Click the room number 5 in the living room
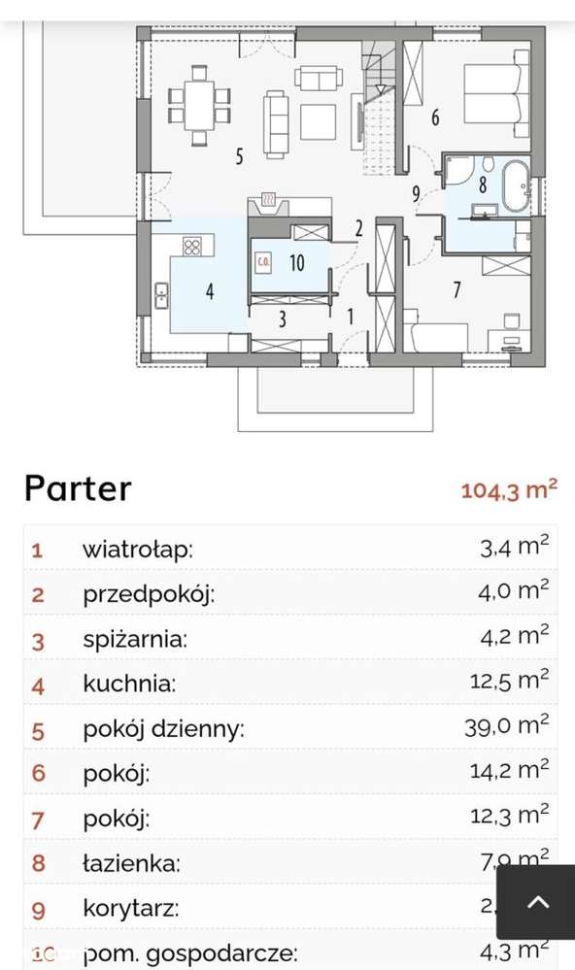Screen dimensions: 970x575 click(238, 154)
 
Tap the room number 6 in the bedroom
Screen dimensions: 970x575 click(434, 118)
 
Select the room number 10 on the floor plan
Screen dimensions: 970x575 click(296, 261)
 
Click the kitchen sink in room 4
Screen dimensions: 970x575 click(160, 293)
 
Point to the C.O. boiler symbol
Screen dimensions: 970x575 click(263, 261)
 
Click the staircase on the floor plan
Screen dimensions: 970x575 click(377, 97)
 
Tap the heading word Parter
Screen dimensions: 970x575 click(78, 487)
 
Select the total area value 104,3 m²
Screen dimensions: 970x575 click(509, 488)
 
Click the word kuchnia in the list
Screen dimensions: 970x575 click(129, 685)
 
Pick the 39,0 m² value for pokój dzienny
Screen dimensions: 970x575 click(509, 728)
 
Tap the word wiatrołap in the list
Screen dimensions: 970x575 click(137, 550)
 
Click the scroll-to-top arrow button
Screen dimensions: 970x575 click(537, 903)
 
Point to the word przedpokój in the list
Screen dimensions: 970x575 click(148, 594)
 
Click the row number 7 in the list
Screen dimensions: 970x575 click(38, 819)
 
